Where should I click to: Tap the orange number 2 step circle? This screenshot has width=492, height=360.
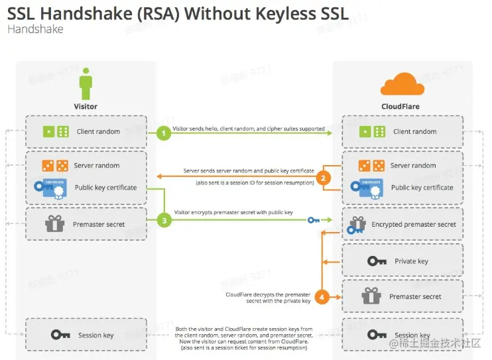(322, 177)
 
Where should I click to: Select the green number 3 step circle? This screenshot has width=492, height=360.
(164, 221)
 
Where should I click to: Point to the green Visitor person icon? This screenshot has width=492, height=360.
(86, 86)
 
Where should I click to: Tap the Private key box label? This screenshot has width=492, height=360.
(411, 261)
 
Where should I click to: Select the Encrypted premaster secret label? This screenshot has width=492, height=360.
(414, 225)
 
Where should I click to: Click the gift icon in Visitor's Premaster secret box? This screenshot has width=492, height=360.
(54, 224)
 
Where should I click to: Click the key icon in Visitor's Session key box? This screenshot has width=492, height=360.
(61, 335)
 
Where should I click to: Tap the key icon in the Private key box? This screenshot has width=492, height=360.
(377, 261)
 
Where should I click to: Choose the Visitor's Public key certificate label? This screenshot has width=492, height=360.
(105, 188)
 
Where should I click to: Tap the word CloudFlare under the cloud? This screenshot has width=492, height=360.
(400, 106)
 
